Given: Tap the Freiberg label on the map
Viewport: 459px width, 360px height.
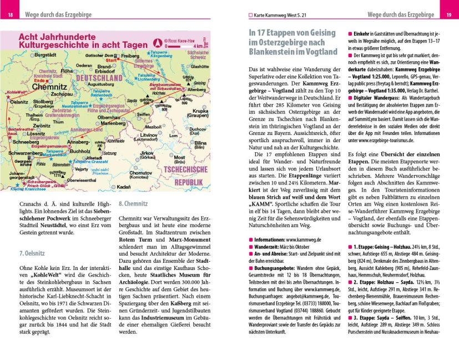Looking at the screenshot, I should coord(132,56).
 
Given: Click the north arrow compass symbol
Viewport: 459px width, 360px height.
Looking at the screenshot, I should coord(158,42).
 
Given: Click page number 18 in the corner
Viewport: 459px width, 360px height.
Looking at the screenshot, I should coord(10,14).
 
